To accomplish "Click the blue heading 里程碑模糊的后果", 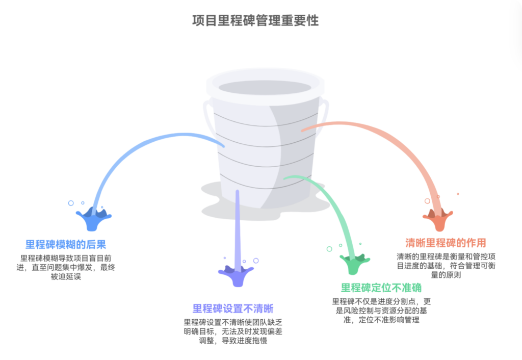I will [x=66, y=244].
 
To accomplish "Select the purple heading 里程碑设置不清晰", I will [x=233, y=309].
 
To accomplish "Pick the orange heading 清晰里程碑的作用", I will [x=446, y=242].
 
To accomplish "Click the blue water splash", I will [x=93, y=218].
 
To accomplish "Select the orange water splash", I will [x=437, y=219].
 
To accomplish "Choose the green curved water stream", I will [x=331, y=204].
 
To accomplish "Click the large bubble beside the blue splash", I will [x=71, y=203].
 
